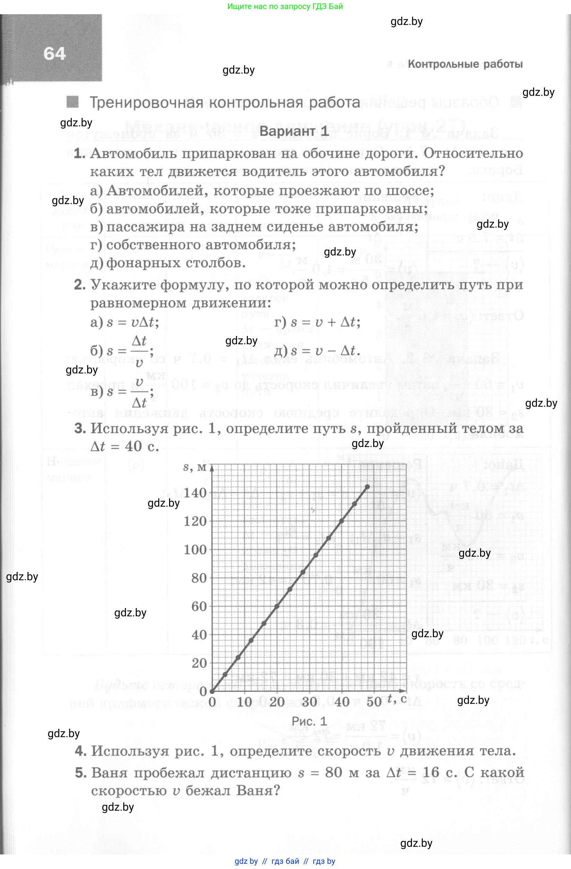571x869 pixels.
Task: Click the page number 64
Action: pyautogui.click(x=54, y=54)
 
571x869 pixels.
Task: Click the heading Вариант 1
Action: pyautogui.click(x=294, y=131)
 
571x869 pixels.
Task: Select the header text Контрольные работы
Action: pyautogui.click(x=465, y=64)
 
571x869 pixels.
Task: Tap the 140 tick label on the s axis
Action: pyautogui.click(x=195, y=493)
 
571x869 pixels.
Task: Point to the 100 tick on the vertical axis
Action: pyautogui.click(x=195, y=549)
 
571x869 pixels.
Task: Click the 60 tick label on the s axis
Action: pyautogui.click(x=199, y=607)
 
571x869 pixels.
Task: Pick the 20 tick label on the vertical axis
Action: pyautogui.click(x=199, y=663)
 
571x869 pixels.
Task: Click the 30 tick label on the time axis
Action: pyautogui.click(x=309, y=702)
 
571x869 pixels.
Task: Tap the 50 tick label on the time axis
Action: pyautogui.click(x=374, y=702)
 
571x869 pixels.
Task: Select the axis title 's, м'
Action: pyautogui.click(x=195, y=467)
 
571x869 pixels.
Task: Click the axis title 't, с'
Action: pyautogui.click(x=397, y=699)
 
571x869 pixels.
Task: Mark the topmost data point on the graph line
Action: pyautogui.click(x=368, y=487)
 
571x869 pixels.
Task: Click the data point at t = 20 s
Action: pyautogui.click(x=277, y=607)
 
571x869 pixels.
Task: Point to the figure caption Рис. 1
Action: pyautogui.click(x=309, y=721)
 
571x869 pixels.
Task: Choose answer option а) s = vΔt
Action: pyautogui.click(x=125, y=322)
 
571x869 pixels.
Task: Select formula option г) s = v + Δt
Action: pyautogui.click(x=317, y=322)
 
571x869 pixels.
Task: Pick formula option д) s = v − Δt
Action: pyautogui.click(x=317, y=351)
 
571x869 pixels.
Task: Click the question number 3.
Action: pyautogui.click(x=80, y=428)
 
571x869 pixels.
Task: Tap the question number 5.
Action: pyautogui.click(x=81, y=773)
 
